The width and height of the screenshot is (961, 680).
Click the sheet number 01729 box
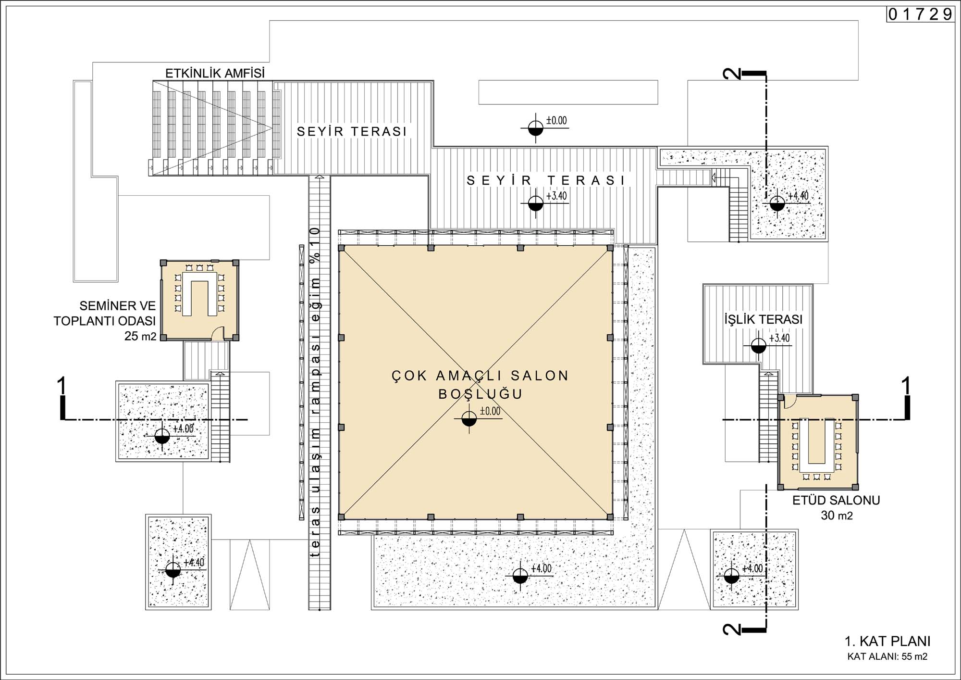coord(920,14)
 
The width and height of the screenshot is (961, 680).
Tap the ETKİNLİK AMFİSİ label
coord(215,74)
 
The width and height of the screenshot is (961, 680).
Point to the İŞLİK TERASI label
coord(764,319)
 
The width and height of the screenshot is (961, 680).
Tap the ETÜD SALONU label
coord(836,500)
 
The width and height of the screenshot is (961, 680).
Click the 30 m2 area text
coord(837,516)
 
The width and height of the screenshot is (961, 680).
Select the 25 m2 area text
coord(140,336)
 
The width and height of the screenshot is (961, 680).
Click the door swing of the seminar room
coord(219,333)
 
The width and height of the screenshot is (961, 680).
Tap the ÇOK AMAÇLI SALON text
coord(480,376)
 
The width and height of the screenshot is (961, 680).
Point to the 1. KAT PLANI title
coord(887,641)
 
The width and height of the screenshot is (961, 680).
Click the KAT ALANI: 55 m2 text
coord(887,656)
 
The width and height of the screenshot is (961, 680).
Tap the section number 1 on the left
coord(62,387)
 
